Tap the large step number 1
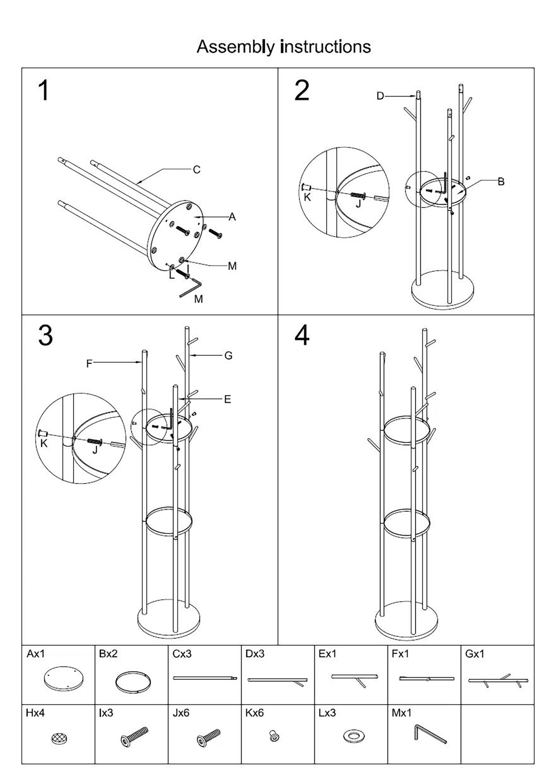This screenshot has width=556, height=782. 43,90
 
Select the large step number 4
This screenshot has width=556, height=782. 302,336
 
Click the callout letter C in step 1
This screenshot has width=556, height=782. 197,170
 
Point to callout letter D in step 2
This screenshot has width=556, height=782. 380,96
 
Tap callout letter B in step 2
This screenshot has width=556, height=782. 501,181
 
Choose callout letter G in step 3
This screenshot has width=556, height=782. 228,356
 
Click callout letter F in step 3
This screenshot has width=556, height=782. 89,364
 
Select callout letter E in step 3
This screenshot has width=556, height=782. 227,399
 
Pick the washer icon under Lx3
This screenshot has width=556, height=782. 353,736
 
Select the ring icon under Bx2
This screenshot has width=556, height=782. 133,682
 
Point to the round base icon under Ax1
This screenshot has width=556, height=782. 64,678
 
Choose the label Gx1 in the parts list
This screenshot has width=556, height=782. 474,654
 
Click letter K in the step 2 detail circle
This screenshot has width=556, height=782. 307,197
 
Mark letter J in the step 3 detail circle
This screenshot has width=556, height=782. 95,450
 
